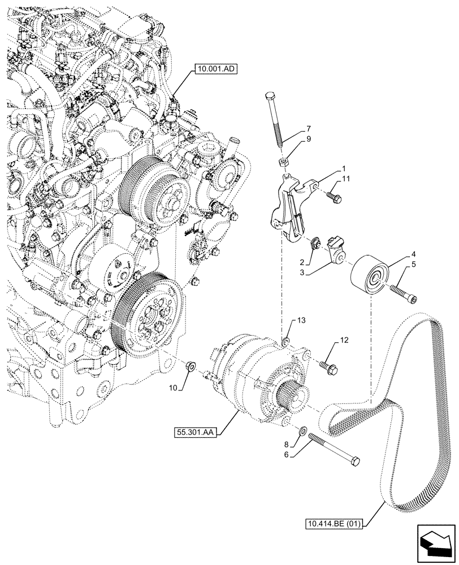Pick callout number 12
pos(344,341)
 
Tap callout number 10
pos(174,388)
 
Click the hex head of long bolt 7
pos(270,102)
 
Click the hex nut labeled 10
pos(191,367)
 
